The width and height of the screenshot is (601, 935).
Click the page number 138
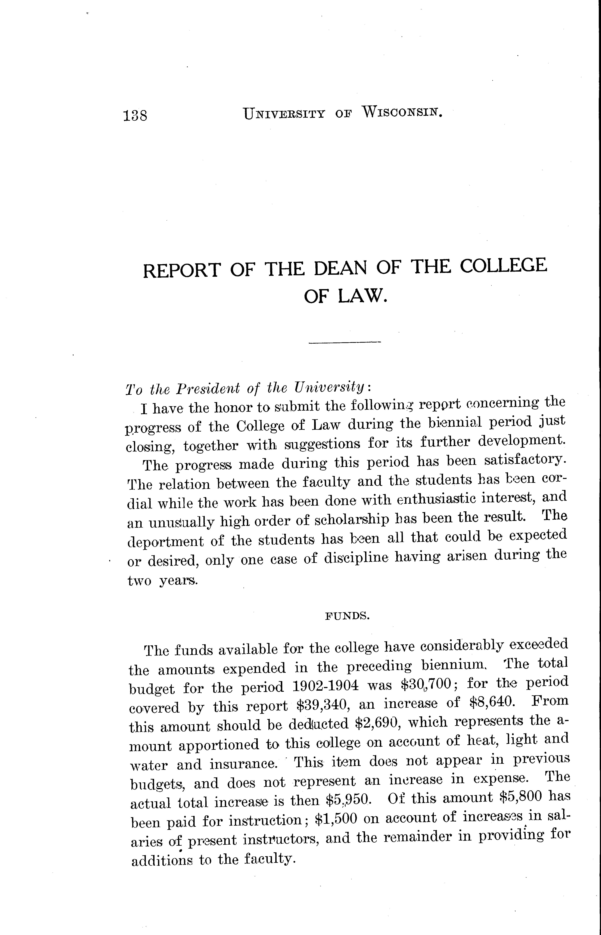(135, 116)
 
